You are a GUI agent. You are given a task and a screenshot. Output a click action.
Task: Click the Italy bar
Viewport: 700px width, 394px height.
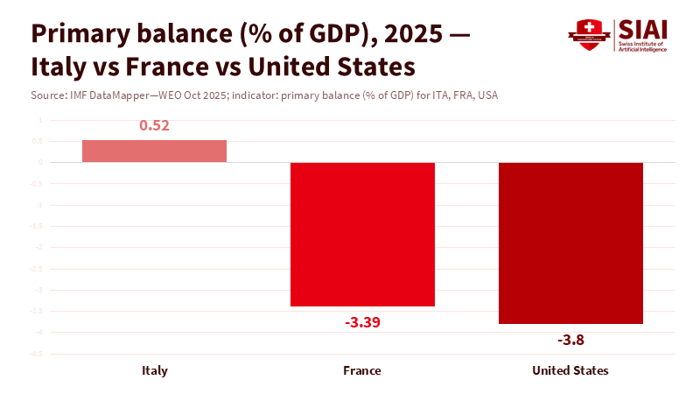coord(154,151)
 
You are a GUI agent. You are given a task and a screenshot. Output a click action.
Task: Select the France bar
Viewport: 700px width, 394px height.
coord(362,234)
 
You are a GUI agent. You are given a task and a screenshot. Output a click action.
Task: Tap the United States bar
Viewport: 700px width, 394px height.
coord(570,243)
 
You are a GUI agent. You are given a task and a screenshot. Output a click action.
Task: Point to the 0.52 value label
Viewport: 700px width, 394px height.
coord(154,125)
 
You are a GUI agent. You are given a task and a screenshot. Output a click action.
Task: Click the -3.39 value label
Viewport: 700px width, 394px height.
coord(362,322)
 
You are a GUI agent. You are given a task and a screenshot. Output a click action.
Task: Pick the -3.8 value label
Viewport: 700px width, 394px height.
coord(570,340)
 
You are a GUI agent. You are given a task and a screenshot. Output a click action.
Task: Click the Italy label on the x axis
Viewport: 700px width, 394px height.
coord(155,370)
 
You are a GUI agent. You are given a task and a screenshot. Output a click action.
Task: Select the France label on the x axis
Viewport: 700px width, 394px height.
coord(362,370)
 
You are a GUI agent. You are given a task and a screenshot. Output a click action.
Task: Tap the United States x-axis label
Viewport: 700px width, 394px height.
coord(570,370)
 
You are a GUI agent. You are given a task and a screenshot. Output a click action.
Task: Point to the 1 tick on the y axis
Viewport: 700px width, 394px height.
coord(39,120)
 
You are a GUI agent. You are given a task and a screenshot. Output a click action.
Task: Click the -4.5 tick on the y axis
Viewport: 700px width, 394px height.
coord(37,354)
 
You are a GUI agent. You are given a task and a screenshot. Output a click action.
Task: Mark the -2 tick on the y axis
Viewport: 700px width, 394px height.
coord(38,248)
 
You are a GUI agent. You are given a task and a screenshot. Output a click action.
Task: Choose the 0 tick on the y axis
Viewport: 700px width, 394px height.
coord(39,162)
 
